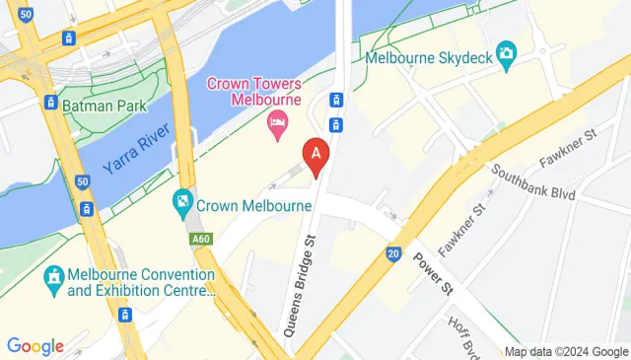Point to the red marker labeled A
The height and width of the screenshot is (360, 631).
(x=315, y=156)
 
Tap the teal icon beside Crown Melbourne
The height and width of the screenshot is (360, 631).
(x=183, y=205)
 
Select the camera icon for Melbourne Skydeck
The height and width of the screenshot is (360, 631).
(x=507, y=55)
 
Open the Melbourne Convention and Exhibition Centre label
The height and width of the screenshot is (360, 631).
(x=142, y=282)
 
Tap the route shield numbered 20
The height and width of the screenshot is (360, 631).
(x=393, y=253)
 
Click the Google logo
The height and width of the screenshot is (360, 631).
(x=35, y=346)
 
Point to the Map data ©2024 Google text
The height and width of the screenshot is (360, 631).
(x=566, y=352)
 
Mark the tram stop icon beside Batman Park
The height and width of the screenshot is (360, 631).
(x=49, y=102)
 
